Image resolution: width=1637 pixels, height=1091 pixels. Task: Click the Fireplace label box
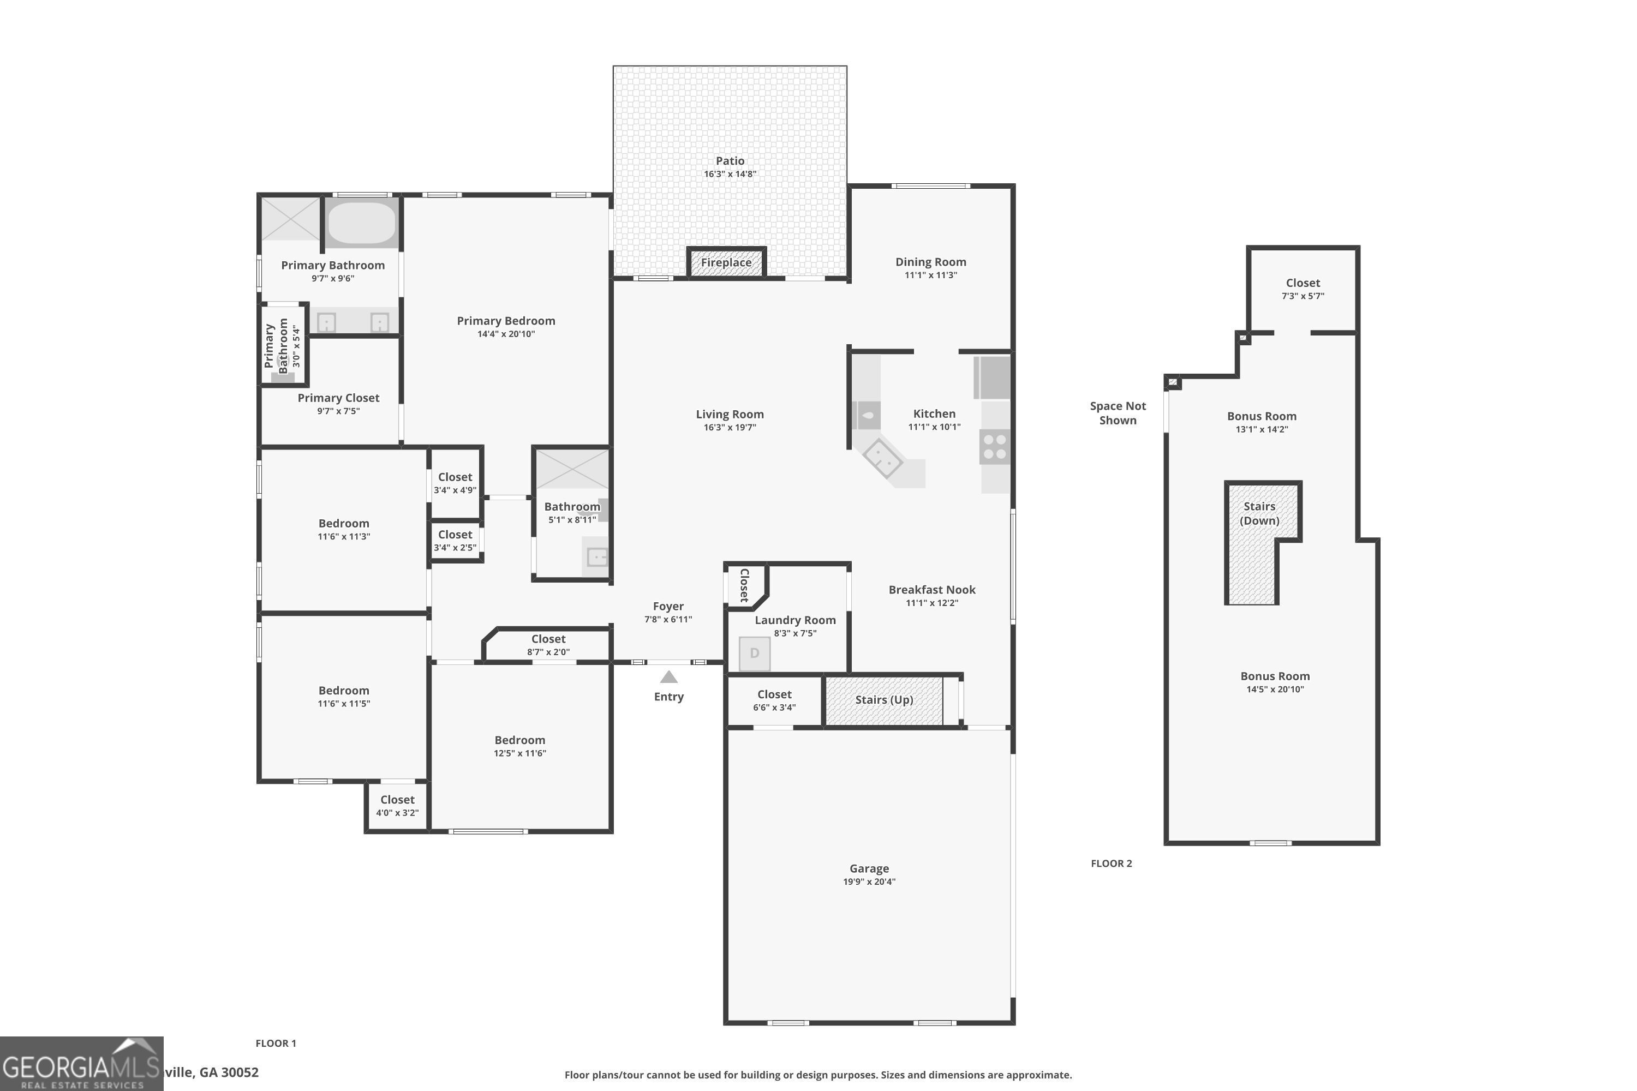[x=726, y=263]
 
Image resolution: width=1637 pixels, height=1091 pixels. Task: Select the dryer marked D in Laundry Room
[x=755, y=654]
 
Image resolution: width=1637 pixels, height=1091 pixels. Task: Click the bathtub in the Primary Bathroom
[x=361, y=223]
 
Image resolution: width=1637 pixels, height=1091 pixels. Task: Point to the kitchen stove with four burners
[x=995, y=447]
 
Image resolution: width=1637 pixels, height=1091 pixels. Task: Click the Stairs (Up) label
[x=884, y=700]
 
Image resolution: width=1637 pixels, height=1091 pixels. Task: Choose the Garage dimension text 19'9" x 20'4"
[x=869, y=882]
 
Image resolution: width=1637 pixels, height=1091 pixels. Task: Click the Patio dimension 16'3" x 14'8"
[x=730, y=174]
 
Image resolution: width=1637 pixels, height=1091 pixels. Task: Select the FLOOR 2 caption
[x=1111, y=864]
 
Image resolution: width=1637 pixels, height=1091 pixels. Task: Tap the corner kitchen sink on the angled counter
[x=882, y=458]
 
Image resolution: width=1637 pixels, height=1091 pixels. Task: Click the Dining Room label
[x=930, y=262]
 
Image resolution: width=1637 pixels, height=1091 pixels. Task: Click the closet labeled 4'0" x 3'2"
[x=397, y=806]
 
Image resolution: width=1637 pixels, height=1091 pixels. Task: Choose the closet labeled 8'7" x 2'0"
[x=548, y=645]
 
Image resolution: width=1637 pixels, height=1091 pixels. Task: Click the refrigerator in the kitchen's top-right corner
[x=992, y=376]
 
